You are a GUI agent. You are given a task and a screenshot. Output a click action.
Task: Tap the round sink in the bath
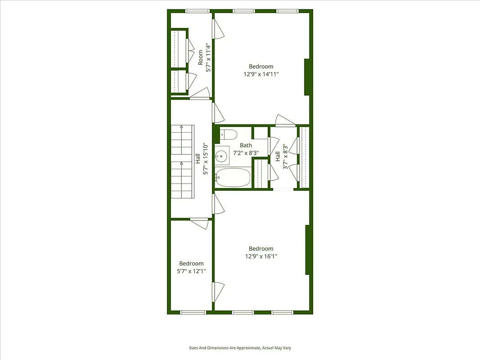pyautogui.click(x=221, y=157)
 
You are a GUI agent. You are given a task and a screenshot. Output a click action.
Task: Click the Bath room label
pyautogui.click(x=246, y=145)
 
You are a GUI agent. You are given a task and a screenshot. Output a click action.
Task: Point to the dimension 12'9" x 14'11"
pyautogui.click(x=261, y=74)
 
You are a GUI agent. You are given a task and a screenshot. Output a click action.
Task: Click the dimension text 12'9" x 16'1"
pyautogui.click(x=261, y=256)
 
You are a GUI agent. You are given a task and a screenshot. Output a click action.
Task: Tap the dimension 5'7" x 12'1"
pyautogui.click(x=191, y=271)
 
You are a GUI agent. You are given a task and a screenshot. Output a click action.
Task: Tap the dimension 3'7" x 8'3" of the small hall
pyautogui.click(x=285, y=156)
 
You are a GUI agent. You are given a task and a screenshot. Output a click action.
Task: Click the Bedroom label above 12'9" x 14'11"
pyautogui.click(x=261, y=67)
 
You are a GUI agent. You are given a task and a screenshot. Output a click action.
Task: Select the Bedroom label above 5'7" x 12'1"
pyautogui.click(x=191, y=264)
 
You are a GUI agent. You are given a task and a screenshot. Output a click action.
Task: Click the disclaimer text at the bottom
pyautogui.click(x=242, y=348)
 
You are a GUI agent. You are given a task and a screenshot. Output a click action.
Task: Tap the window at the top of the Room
pyautogui.click(x=198, y=11)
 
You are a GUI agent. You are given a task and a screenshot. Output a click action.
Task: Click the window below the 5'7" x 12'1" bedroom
pyautogui.click(x=193, y=312)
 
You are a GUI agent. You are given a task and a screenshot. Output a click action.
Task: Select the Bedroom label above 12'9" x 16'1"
pyautogui.click(x=261, y=249)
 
